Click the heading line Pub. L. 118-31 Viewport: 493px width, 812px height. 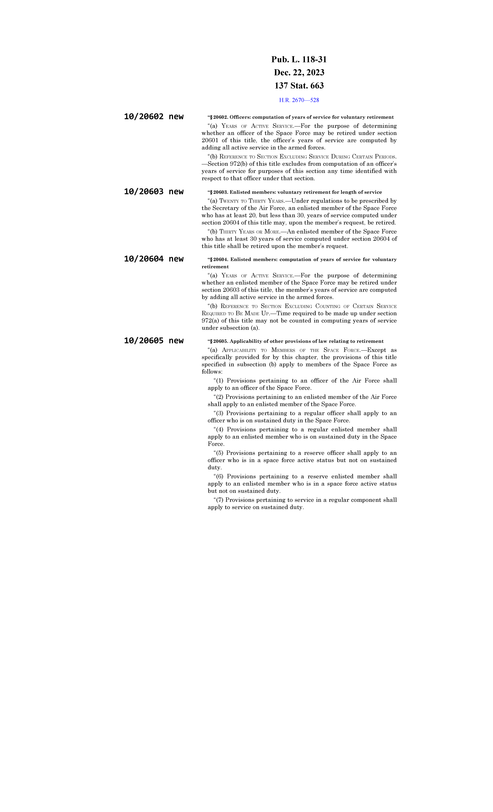click(x=299, y=60)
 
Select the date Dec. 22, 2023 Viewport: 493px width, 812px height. click(x=299, y=72)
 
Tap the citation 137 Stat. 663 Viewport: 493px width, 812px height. click(x=299, y=86)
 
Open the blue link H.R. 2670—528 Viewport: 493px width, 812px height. click(x=299, y=100)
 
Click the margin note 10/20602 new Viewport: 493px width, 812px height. click(x=154, y=117)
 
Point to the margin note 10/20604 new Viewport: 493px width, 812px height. click(x=154, y=259)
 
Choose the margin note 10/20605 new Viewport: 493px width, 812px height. click(x=154, y=341)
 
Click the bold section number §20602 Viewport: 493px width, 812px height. click(x=219, y=117)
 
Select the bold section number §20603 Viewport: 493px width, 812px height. click(x=219, y=192)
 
